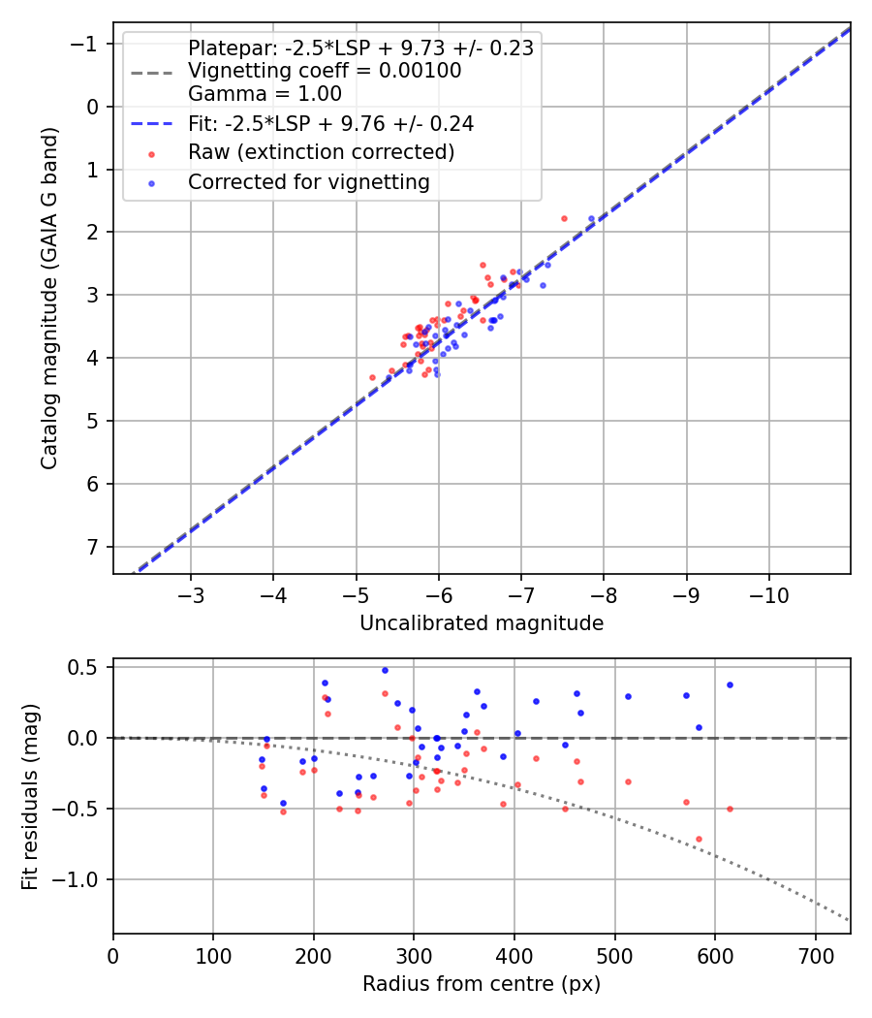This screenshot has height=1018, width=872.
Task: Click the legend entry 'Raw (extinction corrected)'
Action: coord(321,152)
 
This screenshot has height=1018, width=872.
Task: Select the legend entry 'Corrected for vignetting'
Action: coord(308,181)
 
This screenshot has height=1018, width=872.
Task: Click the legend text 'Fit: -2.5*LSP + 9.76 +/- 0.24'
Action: coord(330,123)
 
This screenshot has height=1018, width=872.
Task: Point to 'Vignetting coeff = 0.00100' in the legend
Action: coord(325,71)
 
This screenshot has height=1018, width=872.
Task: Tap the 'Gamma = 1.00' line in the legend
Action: coord(265,94)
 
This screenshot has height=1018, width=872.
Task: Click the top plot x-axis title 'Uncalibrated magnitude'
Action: coord(482,623)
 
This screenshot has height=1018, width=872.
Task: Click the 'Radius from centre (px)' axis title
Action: coord(482,984)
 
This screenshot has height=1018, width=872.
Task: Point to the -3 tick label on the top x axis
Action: coord(191,592)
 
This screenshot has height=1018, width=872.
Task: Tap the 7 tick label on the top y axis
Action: coord(92,547)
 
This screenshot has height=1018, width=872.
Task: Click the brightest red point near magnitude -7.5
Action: coord(564,218)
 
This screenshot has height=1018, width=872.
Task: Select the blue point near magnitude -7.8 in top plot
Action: coord(591,218)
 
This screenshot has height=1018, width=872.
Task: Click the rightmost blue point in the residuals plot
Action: coord(730,684)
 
